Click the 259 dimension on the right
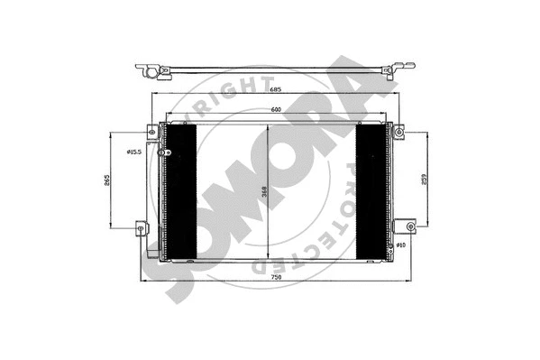coord(424,180)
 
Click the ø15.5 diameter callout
coord(136,152)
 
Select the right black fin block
coord(371,190)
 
